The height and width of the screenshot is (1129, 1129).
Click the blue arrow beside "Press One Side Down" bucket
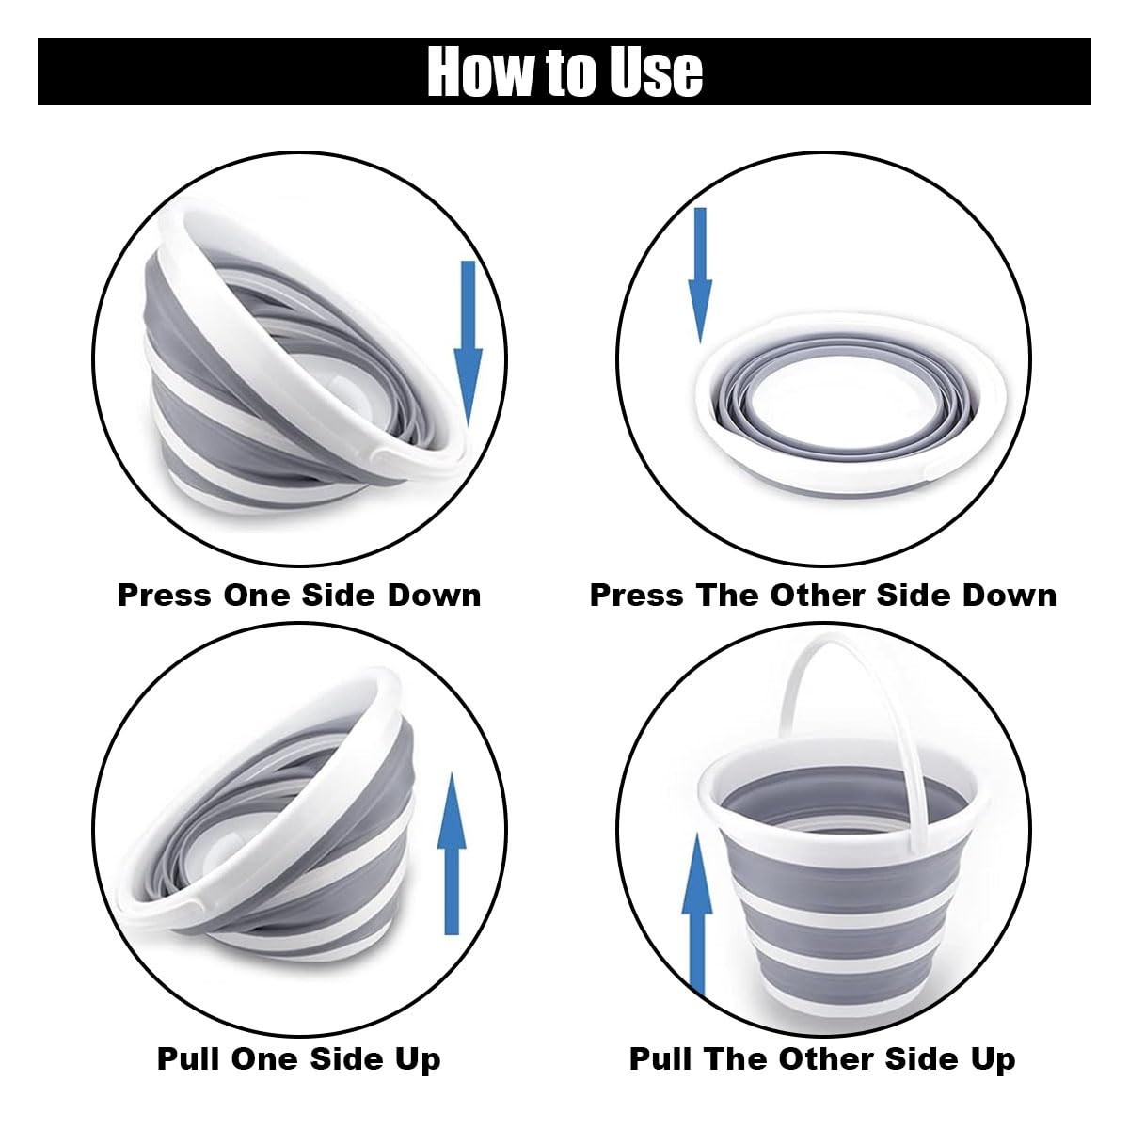[469, 343]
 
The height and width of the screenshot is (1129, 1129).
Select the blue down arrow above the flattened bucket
[700, 276]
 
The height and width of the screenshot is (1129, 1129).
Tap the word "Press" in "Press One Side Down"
[165, 596]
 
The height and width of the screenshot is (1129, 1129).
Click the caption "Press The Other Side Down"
[823, 596]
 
